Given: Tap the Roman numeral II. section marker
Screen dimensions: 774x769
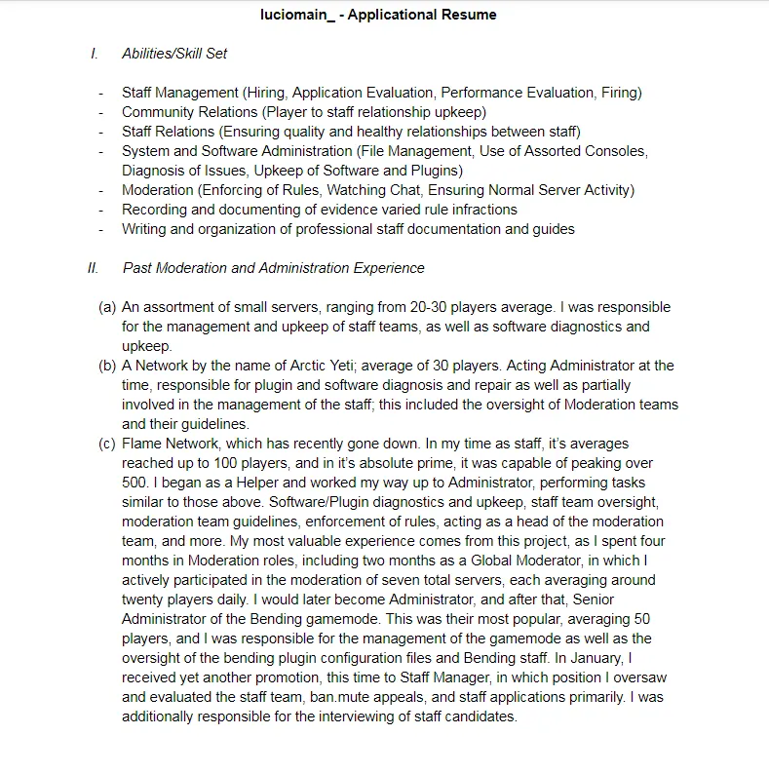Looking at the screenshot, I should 94,268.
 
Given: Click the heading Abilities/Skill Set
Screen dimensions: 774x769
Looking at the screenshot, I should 174,54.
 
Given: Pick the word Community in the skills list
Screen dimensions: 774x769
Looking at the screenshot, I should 158,112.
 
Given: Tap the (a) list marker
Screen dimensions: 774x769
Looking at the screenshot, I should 107,307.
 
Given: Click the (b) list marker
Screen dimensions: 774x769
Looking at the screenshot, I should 107,366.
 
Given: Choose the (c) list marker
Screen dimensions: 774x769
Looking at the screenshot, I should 107,444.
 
